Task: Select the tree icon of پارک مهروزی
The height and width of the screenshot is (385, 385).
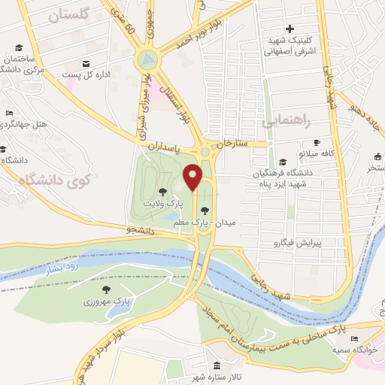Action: click(x=105, y=289)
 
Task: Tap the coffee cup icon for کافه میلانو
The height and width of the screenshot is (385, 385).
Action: click(x=317, y=142)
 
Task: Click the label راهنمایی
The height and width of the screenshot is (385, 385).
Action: click(x=285, y=120)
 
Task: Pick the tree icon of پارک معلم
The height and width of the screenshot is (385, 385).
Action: click(x=205, y=211)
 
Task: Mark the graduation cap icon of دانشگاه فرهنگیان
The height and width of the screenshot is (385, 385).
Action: click(x=282, y=161)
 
